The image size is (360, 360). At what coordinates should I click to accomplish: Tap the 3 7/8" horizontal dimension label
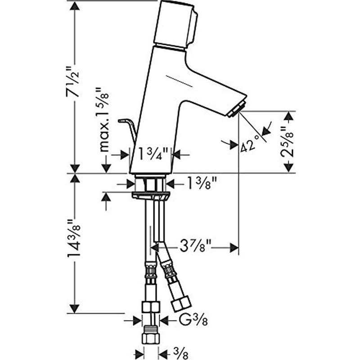coord(196,247)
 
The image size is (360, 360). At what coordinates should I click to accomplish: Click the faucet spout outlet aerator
coord(238,110)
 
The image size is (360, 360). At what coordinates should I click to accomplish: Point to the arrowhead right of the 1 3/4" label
coord(177,154)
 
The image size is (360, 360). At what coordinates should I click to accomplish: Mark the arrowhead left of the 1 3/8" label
coord(130,184)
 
